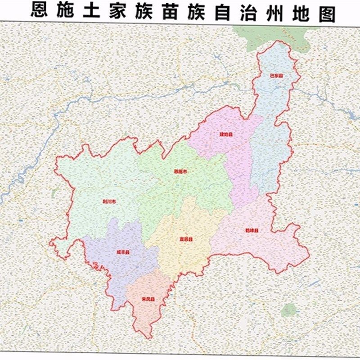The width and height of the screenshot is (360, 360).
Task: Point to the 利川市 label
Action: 109,201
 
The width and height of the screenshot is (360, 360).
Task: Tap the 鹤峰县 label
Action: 252,230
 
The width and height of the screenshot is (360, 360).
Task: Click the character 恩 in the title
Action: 40,11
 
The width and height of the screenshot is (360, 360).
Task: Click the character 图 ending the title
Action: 326,11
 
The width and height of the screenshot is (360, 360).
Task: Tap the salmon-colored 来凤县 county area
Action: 148,310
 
